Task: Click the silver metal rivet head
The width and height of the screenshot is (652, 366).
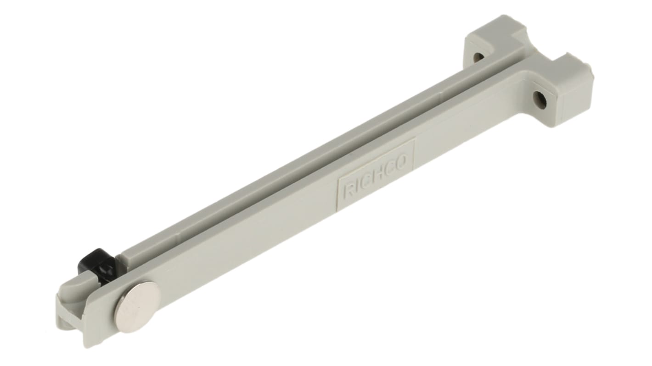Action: pyautogui.click(x=137, y=306)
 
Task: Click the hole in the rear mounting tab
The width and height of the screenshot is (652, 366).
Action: pyautogui.click(x=478, y=57)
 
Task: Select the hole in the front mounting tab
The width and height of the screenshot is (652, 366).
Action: pyautogui.click(x=540, y=100)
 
